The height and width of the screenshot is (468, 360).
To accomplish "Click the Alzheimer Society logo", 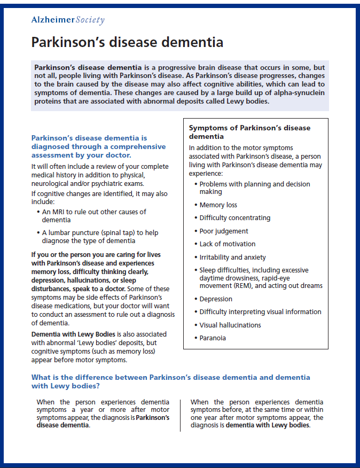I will click(x=68, y=20).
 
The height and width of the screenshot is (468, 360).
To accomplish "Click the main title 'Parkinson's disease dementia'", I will click(x=127, y=42).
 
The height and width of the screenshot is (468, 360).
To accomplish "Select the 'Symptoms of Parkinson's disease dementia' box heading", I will click(x=249, y=132).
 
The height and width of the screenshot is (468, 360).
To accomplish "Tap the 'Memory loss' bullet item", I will click(x=218, y=205).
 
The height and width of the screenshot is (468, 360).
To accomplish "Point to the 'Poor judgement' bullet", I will click(x=224, y=231).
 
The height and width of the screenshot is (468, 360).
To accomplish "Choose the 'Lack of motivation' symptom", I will click(x=228, y=244).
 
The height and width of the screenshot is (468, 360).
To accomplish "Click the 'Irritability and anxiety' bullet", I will click(x=232, y=257).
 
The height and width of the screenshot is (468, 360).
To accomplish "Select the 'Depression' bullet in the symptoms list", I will click(x=216, y=299).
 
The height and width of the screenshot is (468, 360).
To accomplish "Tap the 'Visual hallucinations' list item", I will click(x=230, y=325).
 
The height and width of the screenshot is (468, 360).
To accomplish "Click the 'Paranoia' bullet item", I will click(x=213, y=338).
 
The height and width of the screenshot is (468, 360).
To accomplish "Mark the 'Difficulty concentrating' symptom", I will click(x=234, y=217).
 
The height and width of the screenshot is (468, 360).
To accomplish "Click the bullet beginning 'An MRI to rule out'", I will click(x=93, y=215).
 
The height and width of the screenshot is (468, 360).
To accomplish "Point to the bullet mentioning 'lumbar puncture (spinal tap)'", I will click(x=100, y=236).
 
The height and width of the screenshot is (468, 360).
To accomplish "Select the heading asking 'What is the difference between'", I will click(x=170, y=381).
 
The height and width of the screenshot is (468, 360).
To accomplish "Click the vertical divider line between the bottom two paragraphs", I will click(x=180, y=414).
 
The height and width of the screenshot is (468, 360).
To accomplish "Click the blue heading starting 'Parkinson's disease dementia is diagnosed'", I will click(x=98, y=146).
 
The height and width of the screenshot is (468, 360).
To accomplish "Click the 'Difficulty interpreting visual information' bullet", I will click(x=260, y=311).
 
